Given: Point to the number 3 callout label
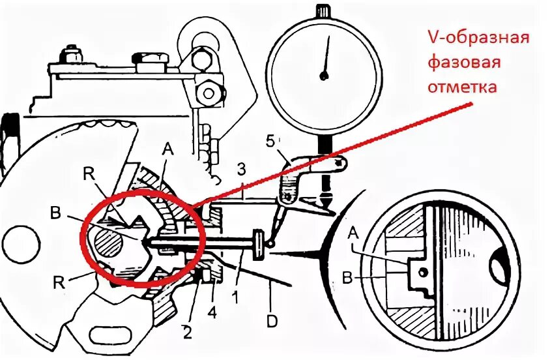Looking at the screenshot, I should (241, 171).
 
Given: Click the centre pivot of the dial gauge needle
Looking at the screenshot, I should (323, 76).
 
